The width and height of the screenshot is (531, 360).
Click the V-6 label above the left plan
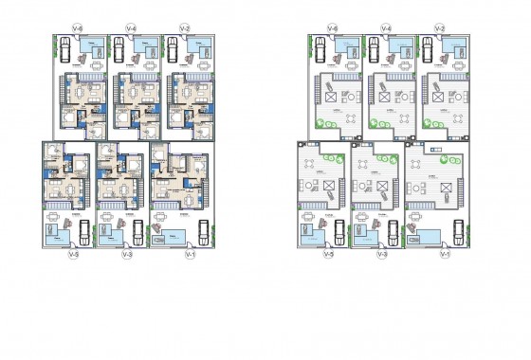point(77,29)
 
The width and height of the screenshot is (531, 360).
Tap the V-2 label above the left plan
point(183,29)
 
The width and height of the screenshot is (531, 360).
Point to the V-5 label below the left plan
point(75,254)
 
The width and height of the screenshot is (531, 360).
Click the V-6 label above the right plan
point(333,29)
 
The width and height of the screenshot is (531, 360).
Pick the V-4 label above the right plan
point(385,29)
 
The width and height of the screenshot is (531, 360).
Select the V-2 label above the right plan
point(439,29)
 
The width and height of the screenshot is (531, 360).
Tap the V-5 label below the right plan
point(328,254)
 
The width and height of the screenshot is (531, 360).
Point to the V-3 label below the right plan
point(381,254)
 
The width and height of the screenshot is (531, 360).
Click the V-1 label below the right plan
point(446,254)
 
